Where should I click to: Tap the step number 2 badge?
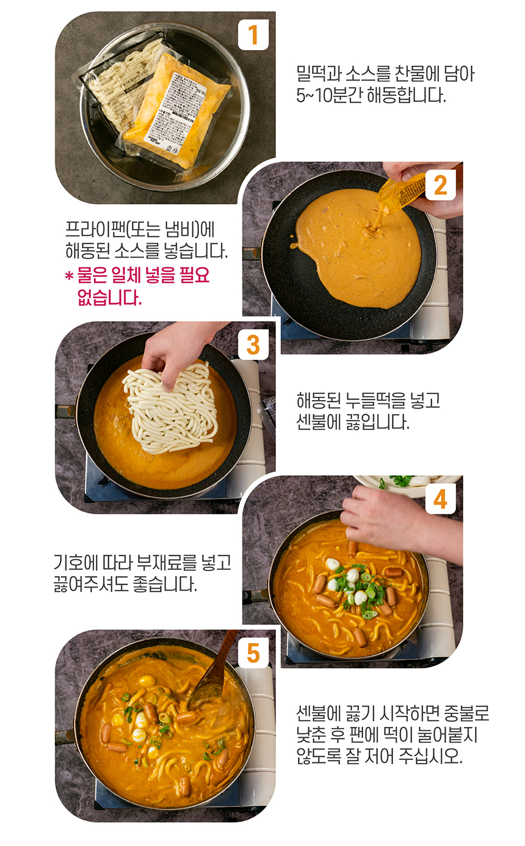(x=440, y=185)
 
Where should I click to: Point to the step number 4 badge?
(x=440, y=499)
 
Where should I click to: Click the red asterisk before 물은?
(x=69, y=277)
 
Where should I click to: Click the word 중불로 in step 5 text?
(x=465, y=713)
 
